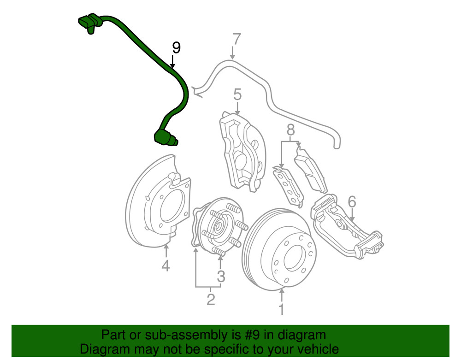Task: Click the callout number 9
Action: [x=176, y=47]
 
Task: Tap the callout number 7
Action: [x=236, y=40]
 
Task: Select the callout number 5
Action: [x=237, y=95]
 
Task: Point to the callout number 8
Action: [x=290, y=131]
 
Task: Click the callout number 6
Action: [x=352, y=201]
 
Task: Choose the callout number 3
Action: [x=221, y=277]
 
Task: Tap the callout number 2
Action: [x=211, y=300]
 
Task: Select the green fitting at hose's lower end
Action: [x=165, y=137]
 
